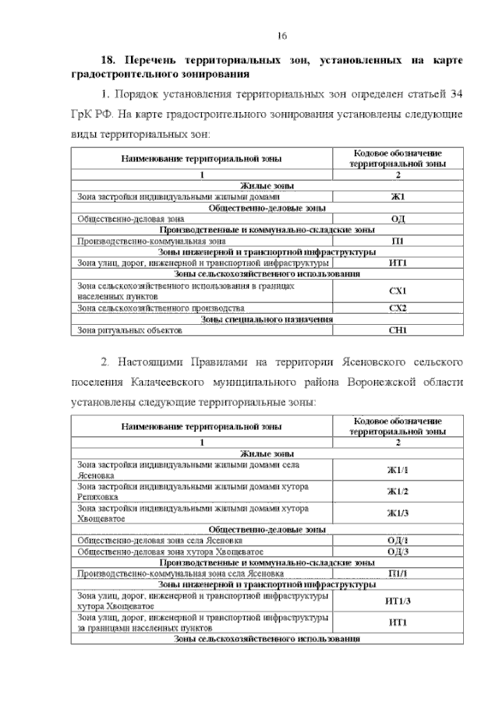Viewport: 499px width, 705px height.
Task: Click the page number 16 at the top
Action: pyautogui.click(x=283, y=37)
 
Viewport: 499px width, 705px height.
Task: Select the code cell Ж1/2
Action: pyautogui.click(x=398, y=491)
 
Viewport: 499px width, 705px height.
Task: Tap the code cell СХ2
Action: pyautogui.click(x=398, y=308)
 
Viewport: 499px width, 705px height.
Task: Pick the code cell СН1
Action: pyautogui.click(x=398, y=330)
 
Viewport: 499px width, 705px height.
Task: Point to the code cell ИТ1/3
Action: pyautogui.click(x=398, y=601)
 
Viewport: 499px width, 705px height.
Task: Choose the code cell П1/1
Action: pyautogui.click(x=398, y=573)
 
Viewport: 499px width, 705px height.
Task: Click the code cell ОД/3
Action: pyautogui.click(x=398, y=551)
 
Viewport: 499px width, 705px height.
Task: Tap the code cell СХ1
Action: pyautogui.click(x=398, y=291)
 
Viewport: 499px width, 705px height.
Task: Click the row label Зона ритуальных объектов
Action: pyautogui.click(x=129, y=330)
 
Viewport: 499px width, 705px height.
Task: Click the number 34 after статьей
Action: pyautogui.click(x=458, y=94)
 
